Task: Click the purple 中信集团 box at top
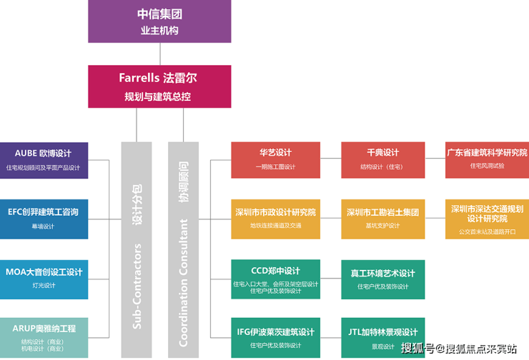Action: [159, 21]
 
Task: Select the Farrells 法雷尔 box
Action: [159, 86]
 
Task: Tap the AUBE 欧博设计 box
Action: [44, 160]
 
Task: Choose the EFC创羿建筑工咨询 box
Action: [44, 219]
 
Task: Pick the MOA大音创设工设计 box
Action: [44, 279]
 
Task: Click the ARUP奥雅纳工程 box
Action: [44, 337]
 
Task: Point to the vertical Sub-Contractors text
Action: [137, 286]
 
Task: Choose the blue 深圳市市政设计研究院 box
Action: [275, 219]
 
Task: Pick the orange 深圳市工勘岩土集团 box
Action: [382, 219]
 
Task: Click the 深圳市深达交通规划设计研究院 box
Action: [487, 219]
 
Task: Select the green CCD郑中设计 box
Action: [275, 279]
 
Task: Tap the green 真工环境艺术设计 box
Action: [382, 279]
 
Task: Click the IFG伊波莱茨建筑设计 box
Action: [275, 337]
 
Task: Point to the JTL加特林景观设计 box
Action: [382, 337]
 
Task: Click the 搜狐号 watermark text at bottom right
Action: [417, 349]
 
